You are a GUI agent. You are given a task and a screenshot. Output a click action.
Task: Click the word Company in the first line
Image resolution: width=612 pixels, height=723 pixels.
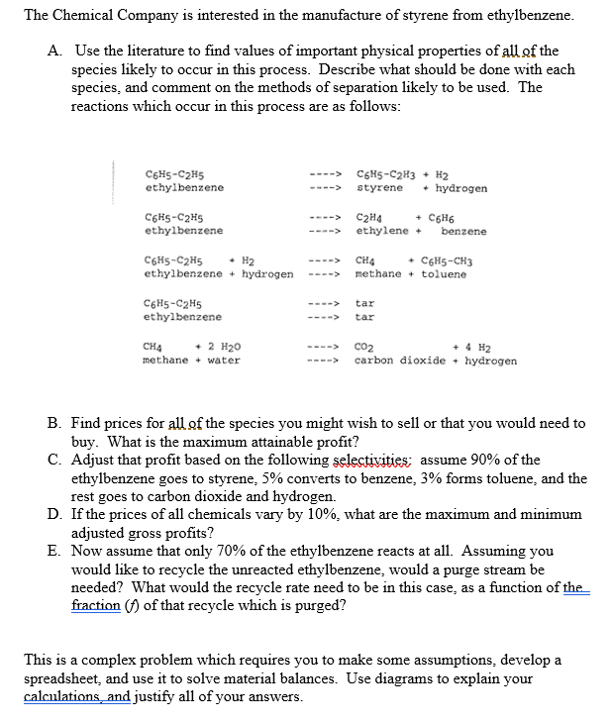(x=140, y=16)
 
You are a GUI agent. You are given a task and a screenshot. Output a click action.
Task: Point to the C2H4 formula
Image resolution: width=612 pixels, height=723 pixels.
(x=370, y=218)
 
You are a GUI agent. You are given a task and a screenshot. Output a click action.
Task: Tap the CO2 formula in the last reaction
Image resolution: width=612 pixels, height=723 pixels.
(x=363, y=348)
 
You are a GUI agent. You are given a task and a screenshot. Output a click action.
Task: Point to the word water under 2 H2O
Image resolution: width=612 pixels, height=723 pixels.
(x=223, y=361)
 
